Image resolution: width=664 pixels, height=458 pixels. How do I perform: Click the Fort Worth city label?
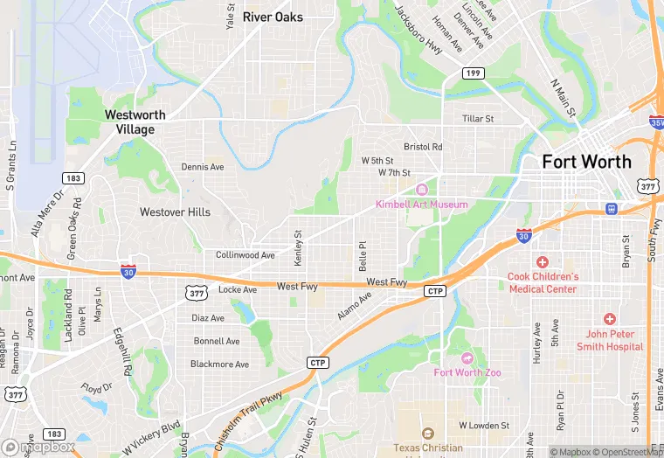pyautogui.click(x=586, y=162)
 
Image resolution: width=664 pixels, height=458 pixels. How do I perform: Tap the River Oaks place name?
pyautogui.click(x=273, y=17)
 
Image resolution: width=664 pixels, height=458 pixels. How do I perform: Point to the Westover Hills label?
pyautogui.click(x=175, y=212)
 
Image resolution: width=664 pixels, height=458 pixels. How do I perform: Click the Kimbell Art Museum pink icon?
pyautogui.click(x=422, y=190)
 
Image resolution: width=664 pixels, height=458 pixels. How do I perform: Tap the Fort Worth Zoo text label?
pyautogui.click(x=468, y=372)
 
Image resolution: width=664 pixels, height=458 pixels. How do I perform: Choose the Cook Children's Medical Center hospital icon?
pyautogui.click(x=542, y=262)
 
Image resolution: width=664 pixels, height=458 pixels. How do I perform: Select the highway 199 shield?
pyautogui.click(x=473, y=73)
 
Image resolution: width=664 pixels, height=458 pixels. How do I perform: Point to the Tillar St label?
pyautogui.click(x=478, y=119)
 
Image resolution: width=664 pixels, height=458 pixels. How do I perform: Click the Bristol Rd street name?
pyautogui.click(x=423, y=147)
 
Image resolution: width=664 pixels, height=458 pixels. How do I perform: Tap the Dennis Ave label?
pyautogui.click(x=203, y=167)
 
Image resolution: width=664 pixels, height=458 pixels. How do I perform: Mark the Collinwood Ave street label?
pyautogui.click(x=246, y=255)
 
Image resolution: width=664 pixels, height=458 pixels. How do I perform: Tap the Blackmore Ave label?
pyautogui.click(x=220, y=364)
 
